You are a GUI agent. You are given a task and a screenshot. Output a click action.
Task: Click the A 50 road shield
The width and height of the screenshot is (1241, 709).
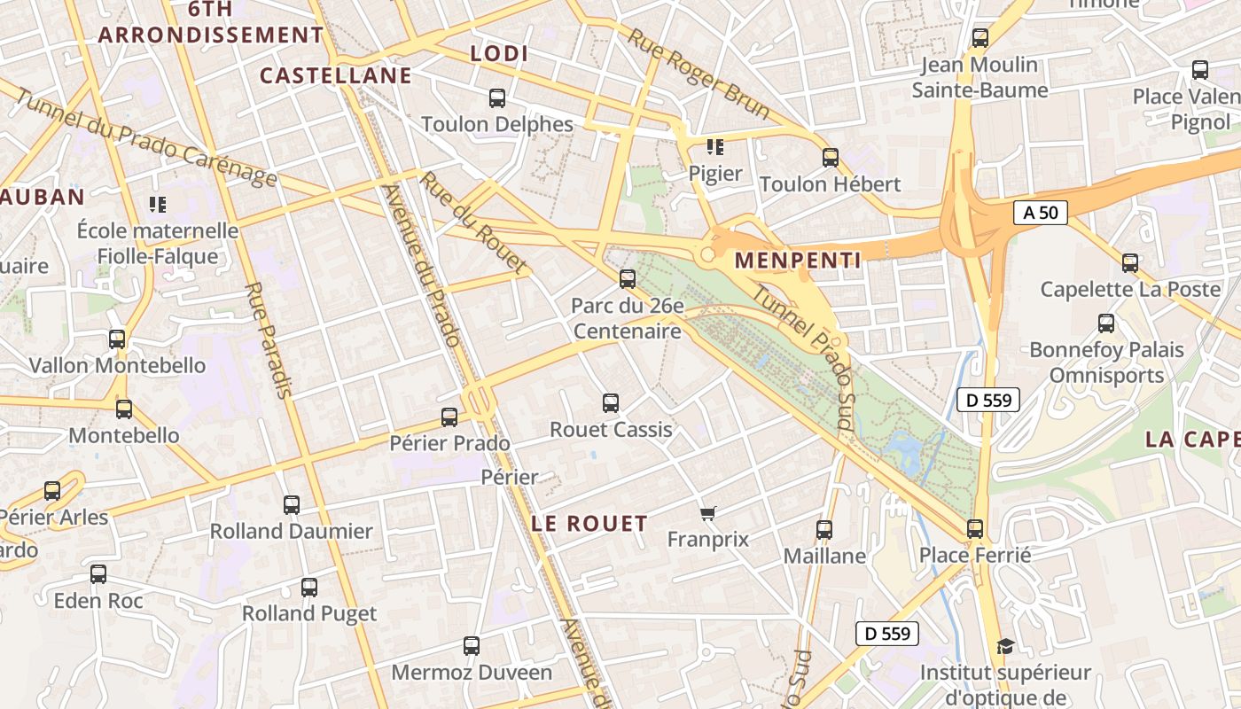[1041, 213]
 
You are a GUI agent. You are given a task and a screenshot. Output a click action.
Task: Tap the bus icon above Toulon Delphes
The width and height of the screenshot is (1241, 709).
[497, 98]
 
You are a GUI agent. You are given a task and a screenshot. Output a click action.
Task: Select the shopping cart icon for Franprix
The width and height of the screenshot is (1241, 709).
[707, 513]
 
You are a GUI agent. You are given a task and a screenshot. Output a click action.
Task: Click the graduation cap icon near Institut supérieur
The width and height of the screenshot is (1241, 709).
[1004, 647]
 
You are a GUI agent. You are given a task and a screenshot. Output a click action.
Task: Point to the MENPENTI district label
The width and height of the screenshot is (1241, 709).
[798, 260]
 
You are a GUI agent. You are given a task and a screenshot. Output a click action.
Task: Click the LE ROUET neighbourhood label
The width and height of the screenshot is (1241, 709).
[589, 523]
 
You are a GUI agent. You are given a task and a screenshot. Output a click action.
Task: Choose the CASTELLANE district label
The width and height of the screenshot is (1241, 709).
[336, 75]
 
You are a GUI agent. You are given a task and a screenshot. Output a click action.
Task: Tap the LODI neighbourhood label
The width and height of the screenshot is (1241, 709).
[499, 53]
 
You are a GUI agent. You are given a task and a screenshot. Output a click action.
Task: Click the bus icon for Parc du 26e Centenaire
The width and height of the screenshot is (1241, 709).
[628, 279]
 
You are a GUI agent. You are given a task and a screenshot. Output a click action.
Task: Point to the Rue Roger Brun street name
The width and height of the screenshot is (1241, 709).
[699, 73]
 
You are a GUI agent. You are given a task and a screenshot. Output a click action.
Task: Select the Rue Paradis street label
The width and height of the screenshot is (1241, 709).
[269, 340]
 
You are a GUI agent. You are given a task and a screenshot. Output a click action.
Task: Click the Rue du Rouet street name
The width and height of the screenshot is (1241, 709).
[473, 222]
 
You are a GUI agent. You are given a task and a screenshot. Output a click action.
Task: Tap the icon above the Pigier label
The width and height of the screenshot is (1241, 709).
[714, 147]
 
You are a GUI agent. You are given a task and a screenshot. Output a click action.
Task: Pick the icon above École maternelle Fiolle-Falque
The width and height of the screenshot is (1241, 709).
[158, 205]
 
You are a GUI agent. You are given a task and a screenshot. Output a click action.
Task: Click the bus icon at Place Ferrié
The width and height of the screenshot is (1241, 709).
[975, 529]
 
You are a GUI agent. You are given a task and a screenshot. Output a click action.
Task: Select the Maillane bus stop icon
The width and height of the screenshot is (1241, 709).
[824, 530]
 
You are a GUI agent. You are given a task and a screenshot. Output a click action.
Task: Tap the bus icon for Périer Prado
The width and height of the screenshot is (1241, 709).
[450, 417]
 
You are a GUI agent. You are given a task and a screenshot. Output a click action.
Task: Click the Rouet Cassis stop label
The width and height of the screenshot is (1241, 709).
[611, 430]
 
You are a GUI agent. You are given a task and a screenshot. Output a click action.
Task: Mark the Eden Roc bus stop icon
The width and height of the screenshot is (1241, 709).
[98, 574]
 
